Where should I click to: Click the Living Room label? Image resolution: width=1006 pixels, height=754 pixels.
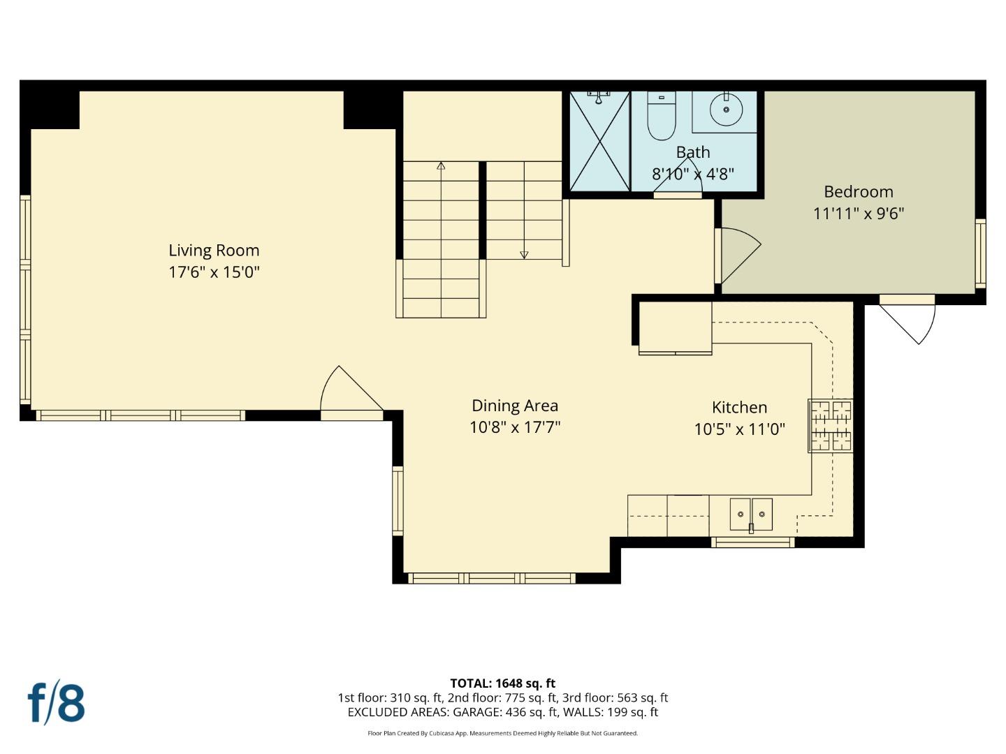[x=214, y=250]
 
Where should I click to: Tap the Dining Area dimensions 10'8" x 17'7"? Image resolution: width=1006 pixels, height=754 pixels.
[x=515, y=427]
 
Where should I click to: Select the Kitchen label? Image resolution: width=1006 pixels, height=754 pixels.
[x=739, y=407]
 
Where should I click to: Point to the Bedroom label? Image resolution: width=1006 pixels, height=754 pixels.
[x=858, y=191]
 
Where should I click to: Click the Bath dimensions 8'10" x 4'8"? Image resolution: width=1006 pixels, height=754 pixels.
[x=692, y=174]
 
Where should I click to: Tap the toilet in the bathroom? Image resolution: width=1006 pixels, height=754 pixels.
[x=661, y=117]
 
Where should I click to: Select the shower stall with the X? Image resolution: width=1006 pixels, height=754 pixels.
[x=599, y=142]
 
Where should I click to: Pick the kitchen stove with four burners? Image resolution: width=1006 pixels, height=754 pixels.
[x=831, y=425]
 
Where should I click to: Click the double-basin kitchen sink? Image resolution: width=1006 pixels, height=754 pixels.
[x=751, y=515]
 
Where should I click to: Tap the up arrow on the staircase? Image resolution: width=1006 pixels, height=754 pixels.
[x=441, y=166]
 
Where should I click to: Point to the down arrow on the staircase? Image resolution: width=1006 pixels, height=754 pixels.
[x=524, y=255]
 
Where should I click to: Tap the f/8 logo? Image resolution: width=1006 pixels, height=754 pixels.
[x=57, y=703]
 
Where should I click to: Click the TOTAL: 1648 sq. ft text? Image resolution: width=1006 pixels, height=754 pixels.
[x=502, y=683]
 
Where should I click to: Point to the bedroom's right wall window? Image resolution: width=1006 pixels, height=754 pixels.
[x=980, y=253]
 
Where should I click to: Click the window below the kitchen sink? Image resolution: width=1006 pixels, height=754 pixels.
[x=752, y=542]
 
